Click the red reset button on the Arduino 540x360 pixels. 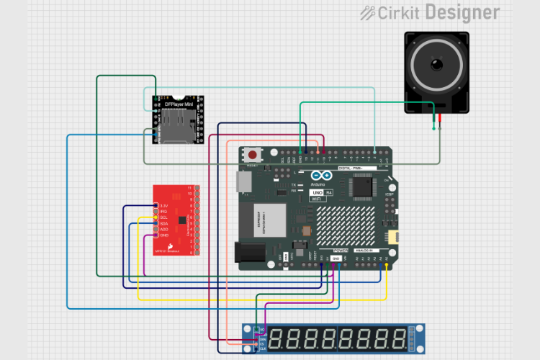click(x=253, y=155)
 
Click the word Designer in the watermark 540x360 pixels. click(x=472, y=12)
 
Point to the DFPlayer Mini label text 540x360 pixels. click(x=179, y=104)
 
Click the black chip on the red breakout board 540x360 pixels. click(x=182, y=220)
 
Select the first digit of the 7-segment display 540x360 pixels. click(x=278, y=338)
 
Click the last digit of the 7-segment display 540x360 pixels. click(x=399, y=338)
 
